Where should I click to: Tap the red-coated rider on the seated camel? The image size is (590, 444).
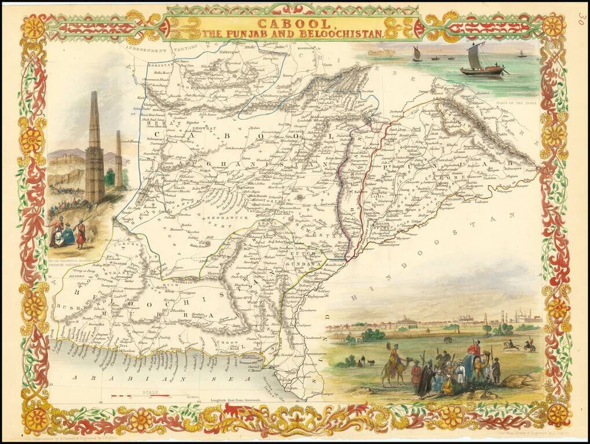[474, 350]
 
